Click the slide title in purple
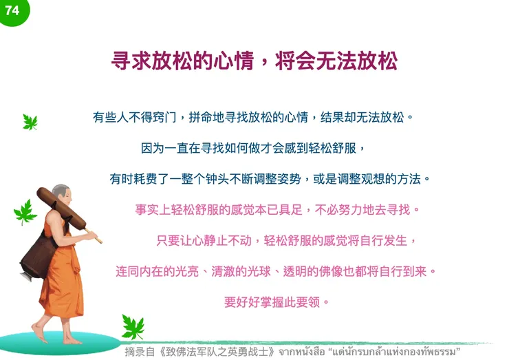tap(254, 61)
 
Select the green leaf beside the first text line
tap(30, 122)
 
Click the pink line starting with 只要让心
tap(287, 240)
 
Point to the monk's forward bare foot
tap(40, 337)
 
